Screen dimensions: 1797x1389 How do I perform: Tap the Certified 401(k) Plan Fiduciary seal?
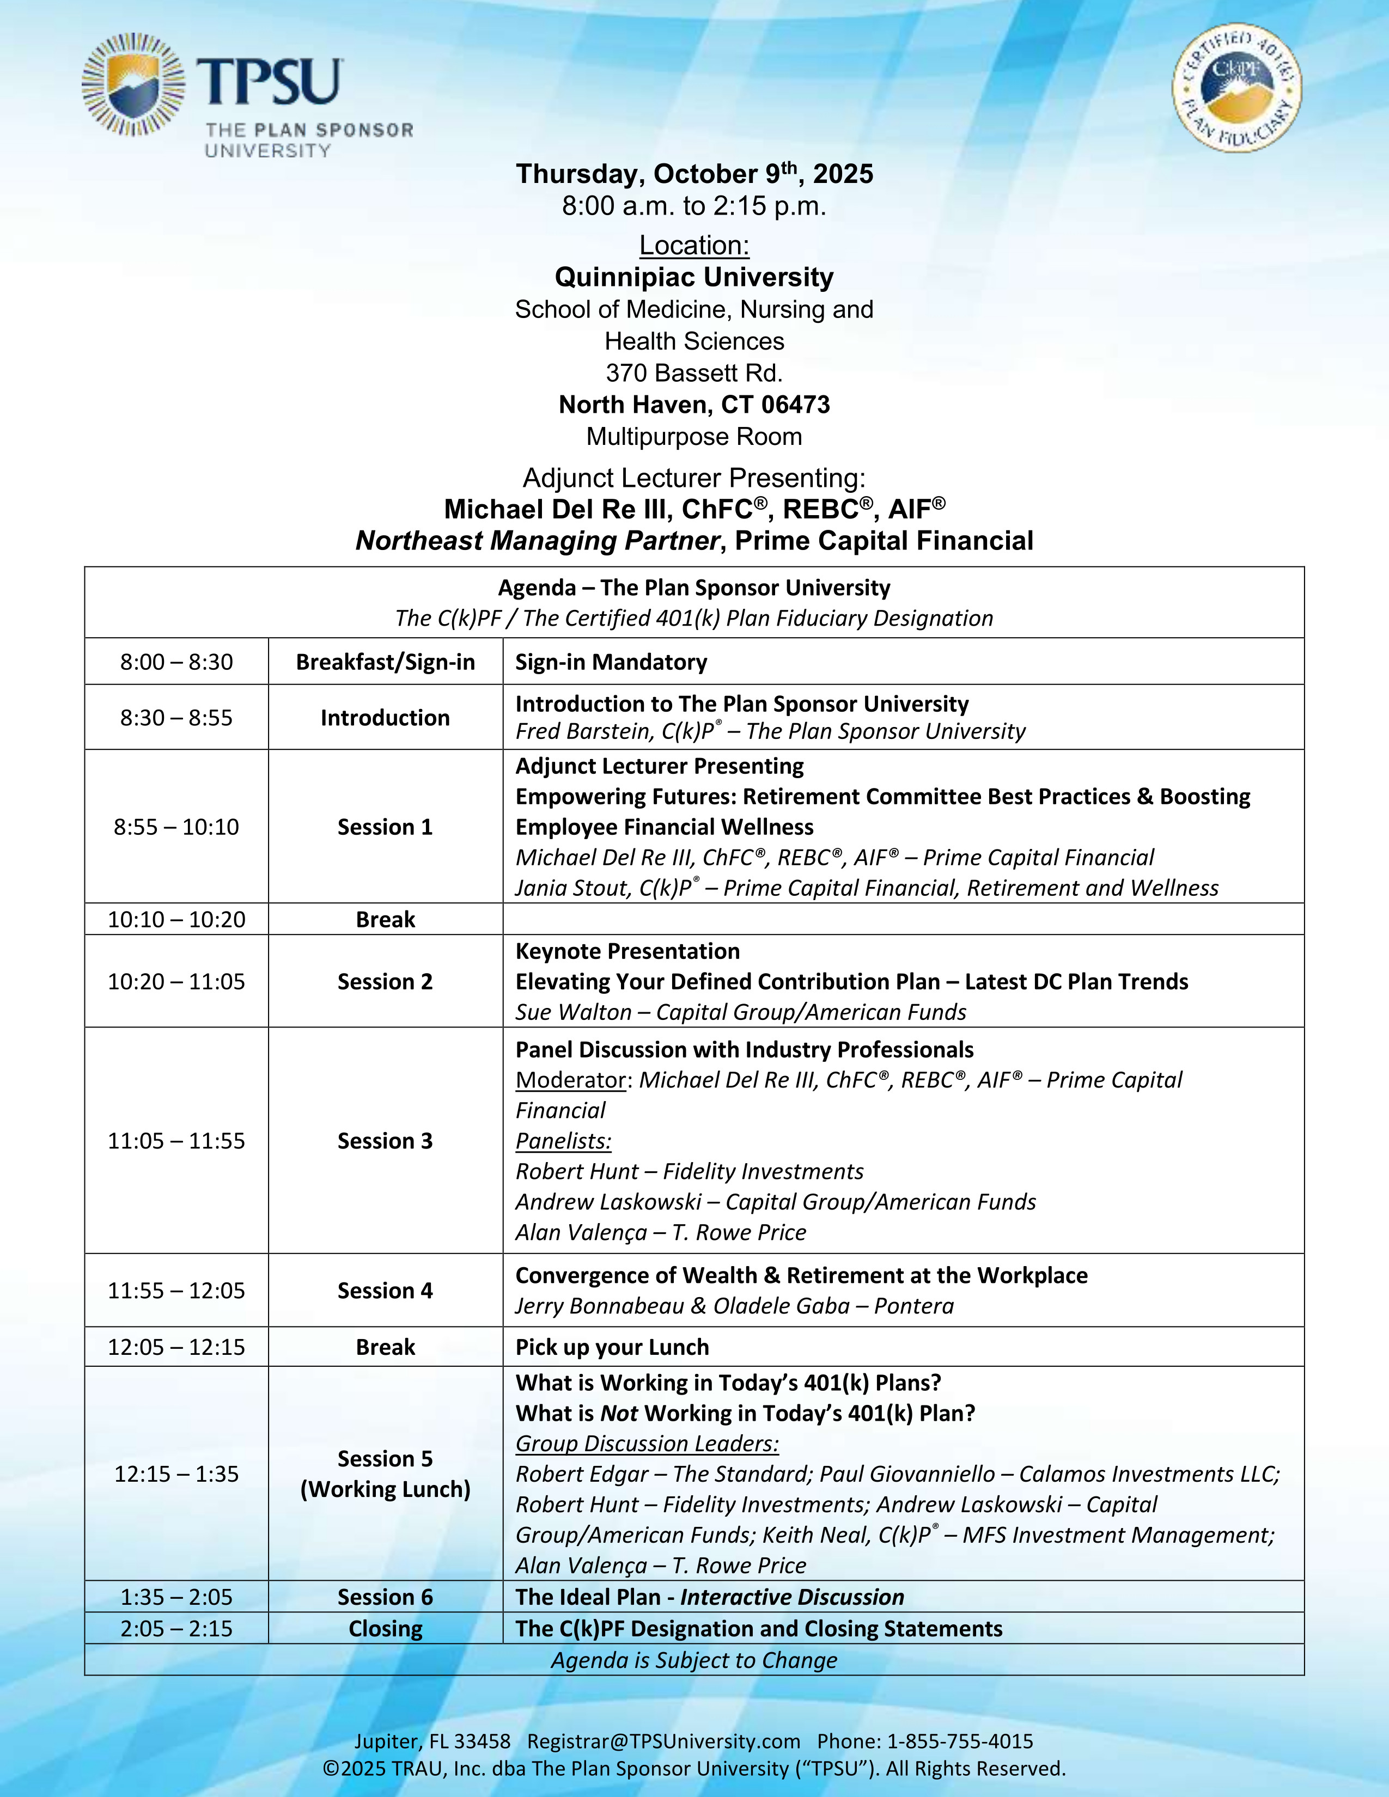1237,87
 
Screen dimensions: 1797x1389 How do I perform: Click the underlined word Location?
693,245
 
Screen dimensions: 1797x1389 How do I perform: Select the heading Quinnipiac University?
693,277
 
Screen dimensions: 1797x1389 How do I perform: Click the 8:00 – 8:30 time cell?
176,662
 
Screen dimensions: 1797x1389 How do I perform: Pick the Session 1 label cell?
385,827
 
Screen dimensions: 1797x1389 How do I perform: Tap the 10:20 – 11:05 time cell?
176,982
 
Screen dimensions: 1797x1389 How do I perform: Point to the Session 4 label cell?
385,1290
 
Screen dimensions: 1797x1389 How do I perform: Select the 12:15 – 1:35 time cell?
176,1474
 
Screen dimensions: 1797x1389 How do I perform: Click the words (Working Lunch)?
385,1489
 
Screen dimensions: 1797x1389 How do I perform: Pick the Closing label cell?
385,1628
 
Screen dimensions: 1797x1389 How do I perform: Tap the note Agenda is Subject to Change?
693,1660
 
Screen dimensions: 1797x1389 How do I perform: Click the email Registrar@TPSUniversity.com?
663,1741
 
